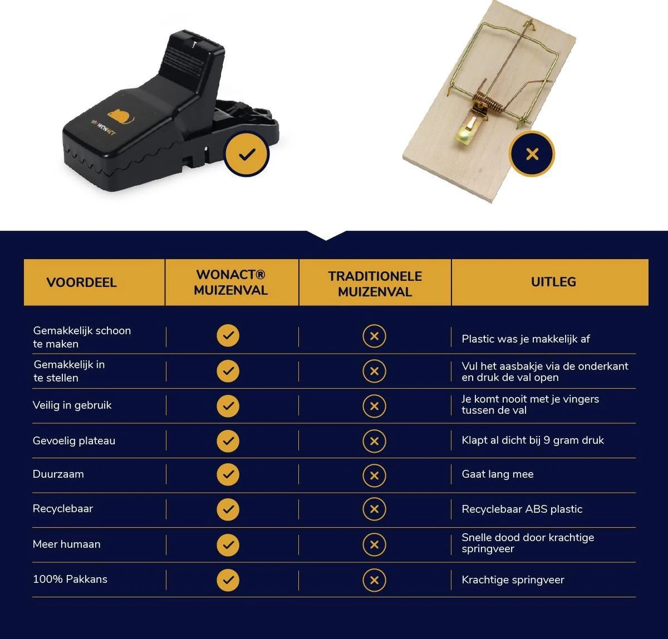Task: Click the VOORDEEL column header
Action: pyautogui.click(x=81, y=282)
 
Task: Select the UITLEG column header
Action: pyautogui.click(x=553, y=282)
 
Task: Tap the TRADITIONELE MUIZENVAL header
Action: pyautogui.click(x=375, y=284)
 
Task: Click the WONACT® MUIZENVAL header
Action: pyautogui.click(x=230, y=282)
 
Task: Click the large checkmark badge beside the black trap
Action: pyautogui.click(x=247, y=154)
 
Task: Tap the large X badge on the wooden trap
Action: pyautogui.click(x=532, y=154)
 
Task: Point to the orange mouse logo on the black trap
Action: pyautogui.click(x=120, y=117)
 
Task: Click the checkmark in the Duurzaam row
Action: pyautogui.click(x=228, y=475)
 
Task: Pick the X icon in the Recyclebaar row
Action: pyautogui.click(x=374, y=509)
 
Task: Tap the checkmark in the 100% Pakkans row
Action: pyautogui.click(x=228, y=580)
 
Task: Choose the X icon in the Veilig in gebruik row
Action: pyautogui.click(x=374, y=406)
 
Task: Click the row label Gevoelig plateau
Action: pyautogui.click(x=74, y=441)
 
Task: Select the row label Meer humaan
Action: pyautogui.click(x=67, y=544)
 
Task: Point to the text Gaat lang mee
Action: pyautogui.click(x=498, y=474)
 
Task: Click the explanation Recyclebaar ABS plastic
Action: pyautogui.click(x=522, y=509)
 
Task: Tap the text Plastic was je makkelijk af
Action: pyautogui.click(x=525, y=339)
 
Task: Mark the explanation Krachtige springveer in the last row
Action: pyautogui.click(x=513, y=579)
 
